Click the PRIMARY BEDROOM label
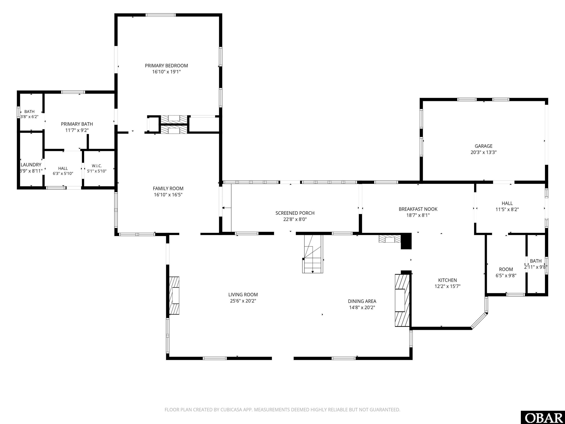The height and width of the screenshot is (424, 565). (x=166, y=66)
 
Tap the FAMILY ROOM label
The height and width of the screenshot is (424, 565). (x=168, y=189)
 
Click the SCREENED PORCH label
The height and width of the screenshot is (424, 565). (x=295, y=213)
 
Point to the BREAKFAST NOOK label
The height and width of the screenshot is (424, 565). (x=418, y=209)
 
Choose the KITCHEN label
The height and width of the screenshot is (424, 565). (x=447, y=280)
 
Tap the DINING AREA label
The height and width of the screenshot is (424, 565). (x=362, y=301)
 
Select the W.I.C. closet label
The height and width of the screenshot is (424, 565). (x=97, y=166)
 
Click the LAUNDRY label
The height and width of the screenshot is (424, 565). (x=31, y=165)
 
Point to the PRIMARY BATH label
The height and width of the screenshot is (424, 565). (x=77, y=124)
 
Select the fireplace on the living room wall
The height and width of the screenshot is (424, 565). (x=174, y=295)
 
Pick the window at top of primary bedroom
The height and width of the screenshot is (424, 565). (x=161, y=15)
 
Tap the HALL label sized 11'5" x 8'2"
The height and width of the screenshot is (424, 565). (x=507, y=203)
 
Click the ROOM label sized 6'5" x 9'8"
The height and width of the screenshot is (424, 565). (x=506, y=269)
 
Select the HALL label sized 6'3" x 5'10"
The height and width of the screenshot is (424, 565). (x=63, y=168)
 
